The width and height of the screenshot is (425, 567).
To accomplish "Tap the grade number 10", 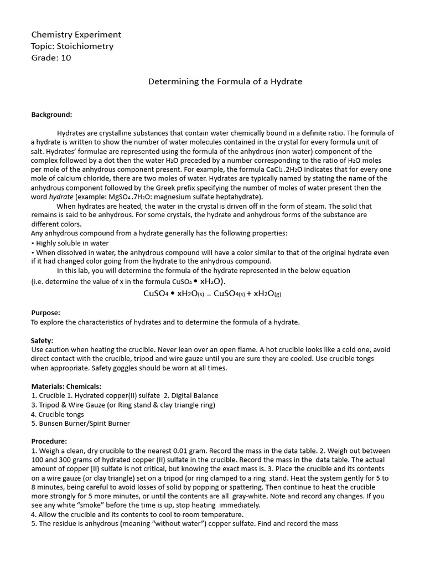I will pyautogui.click(x=66, y=58).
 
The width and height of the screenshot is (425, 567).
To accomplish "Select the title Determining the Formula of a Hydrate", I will pyautogui.click(x=225, y=81).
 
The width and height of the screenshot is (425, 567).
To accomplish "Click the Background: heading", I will pyautogui.click(x=51, y=115).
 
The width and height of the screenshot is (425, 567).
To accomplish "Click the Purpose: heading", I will pyautogui.click(x=45, y=313).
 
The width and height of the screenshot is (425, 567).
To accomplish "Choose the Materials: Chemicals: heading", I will pyautogui.click(x=66, y=386).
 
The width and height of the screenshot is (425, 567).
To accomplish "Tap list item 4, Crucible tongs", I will pyautogui.click(x=58, y=414).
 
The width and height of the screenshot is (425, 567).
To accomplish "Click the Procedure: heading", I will pyautogui.click(x=49, y=441).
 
